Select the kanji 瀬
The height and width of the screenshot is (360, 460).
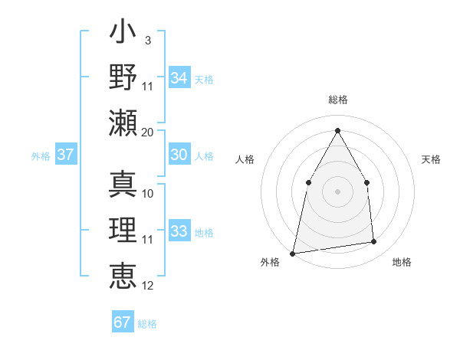123,123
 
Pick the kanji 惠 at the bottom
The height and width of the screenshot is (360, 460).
123,273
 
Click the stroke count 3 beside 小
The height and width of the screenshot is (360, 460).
147,41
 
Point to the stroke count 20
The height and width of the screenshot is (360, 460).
148,132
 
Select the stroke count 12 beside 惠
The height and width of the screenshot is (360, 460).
148,286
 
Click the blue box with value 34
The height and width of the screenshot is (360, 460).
179,77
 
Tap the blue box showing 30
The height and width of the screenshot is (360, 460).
179,155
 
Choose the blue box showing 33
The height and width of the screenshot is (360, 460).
179,231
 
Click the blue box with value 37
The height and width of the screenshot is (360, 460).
65,155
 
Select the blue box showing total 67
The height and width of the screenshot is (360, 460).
123,322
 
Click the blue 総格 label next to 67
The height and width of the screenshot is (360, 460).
148,324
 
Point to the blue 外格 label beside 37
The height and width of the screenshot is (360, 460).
41,156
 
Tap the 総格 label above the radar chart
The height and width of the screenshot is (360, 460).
337,100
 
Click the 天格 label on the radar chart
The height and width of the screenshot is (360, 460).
432,159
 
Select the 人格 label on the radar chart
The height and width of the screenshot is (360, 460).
245,159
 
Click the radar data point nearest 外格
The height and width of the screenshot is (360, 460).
293,253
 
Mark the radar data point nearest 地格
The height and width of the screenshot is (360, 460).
374,242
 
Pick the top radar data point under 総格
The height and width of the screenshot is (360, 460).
337,130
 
